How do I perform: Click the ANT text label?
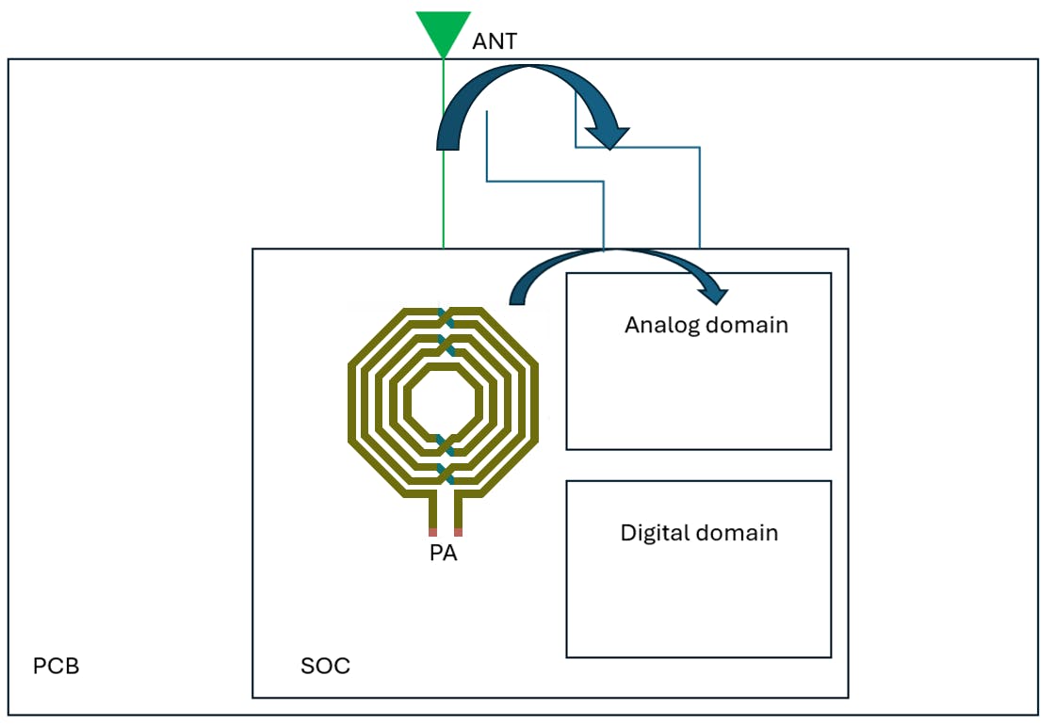494,42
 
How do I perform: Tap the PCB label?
57,667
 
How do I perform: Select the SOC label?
325,667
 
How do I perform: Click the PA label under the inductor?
444,554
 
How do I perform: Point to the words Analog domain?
706,326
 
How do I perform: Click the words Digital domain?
699,533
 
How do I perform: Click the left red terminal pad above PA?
432,532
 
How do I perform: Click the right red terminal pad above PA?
458,532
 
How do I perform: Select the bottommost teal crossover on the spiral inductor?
446,475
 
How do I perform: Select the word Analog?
657,326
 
